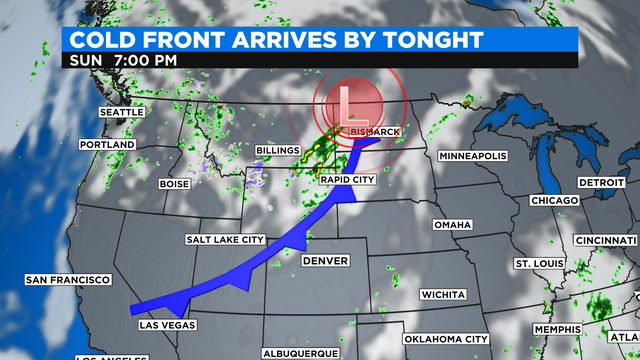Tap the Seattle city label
pyautogui.click(x=121, y=113)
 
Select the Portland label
pyautogui.click(x=108, y=145)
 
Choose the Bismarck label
pyautogui.click(x=376, y=132)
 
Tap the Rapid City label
pyautogui.click(x=346, y=179)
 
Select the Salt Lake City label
pyautogui.click(x=225, y=240)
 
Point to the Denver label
pyautogui.click(x=325, y=261)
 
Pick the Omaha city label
pyautogui.click(x=453, y=225)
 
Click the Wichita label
pyautogui.click(x=442, y=295)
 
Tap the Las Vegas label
pyautogui.click(x=167, y=326)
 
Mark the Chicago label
pyautogui.click(x=555, y=201)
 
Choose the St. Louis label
pyautogui.click(x=535, y=263)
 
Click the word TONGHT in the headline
pyautogui.click(x=427, y=39)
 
